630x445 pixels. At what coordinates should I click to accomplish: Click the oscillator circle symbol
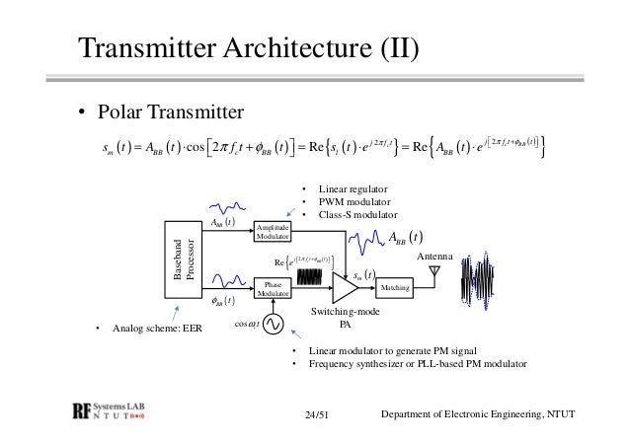[269, 324]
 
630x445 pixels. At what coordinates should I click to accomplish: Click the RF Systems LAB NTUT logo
[120, 411]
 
